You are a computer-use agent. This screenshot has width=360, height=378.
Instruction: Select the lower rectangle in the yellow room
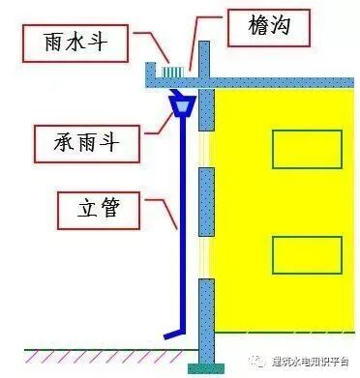click(x=298, y=254)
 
